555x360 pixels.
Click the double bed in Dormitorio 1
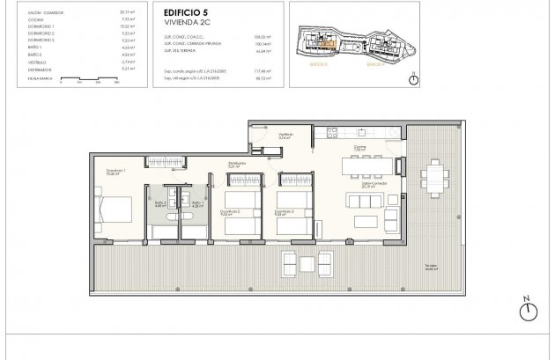coord(115,211)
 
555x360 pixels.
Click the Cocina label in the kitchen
coord(359,149)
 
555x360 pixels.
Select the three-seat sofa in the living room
coord(365,200)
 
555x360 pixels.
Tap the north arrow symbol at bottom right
coord(529,310)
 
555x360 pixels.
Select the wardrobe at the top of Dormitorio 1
coord(122,160)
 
